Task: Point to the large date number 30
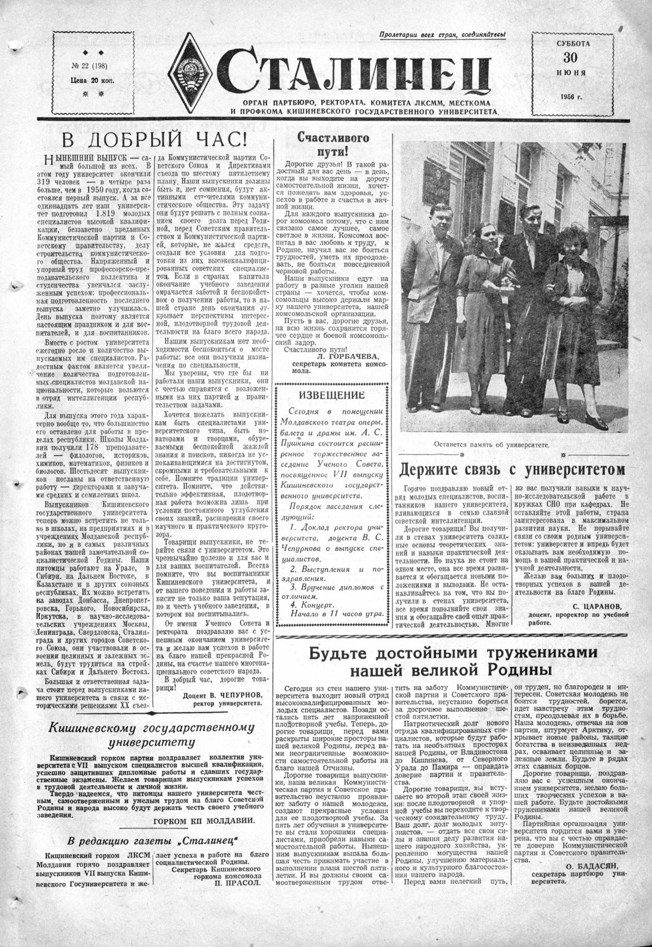(570, 58)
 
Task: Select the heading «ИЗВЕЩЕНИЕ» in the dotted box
(331, 395)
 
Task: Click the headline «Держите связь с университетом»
(512, 469)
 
